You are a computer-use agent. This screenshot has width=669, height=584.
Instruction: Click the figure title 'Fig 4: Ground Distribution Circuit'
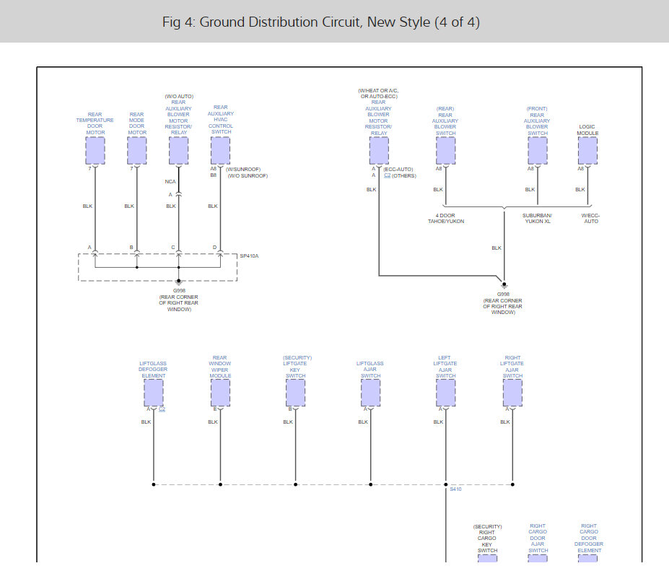[x=321, y=22]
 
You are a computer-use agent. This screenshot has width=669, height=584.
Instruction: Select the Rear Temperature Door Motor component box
[x=95, y=151]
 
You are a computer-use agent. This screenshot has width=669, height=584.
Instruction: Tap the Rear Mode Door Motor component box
[x=137, y=151]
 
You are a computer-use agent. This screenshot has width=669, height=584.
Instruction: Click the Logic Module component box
[x=587, y=151]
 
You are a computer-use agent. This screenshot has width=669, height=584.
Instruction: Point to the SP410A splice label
[x=249, y=256]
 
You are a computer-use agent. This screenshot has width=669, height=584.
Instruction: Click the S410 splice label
[x=455, y=489]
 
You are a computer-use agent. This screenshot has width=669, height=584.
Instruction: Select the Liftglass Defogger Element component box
[x=154, y=393]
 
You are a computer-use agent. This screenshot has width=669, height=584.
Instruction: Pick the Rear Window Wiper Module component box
[x=220, y=393]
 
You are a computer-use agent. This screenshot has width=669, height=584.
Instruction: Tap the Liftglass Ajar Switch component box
[x=370, y=393]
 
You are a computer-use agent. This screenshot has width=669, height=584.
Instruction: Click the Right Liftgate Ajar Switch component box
[x=512, y=393]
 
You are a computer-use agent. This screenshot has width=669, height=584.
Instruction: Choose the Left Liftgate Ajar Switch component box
[x=446, y=393]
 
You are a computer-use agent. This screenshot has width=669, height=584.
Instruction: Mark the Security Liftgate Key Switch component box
[x=295, y=393]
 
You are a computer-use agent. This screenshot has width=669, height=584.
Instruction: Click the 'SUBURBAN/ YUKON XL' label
[x=537, y=218]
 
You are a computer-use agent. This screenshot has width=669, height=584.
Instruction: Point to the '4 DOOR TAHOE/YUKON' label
[x=445, y=218]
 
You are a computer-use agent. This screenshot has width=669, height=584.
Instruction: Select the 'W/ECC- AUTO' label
[x=590, y=218]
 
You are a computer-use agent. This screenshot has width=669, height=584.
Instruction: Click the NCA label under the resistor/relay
[x=170, y=181]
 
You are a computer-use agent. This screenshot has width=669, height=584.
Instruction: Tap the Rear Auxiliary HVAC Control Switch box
[x=220, y=151]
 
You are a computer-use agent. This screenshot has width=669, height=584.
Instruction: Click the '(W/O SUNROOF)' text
[x=248, y=175]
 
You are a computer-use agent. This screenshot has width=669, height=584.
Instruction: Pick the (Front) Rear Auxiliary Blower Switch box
[x=538, y=151]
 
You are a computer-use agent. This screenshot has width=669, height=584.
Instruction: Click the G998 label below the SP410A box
[x=179, y=290]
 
